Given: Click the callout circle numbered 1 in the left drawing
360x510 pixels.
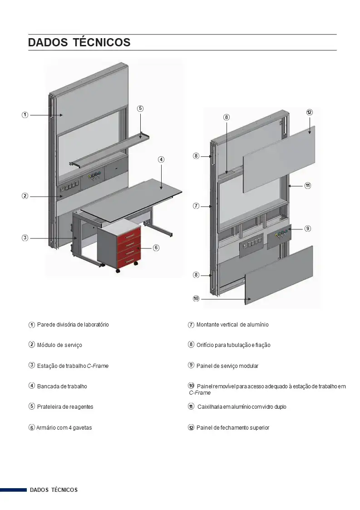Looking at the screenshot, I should [25, 115].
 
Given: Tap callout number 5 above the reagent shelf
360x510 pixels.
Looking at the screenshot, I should [140, 108].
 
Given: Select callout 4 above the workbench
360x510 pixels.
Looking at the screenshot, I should [161, 159].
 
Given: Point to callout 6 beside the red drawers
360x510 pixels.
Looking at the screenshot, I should [156, 248].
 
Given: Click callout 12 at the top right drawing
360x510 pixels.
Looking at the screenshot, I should [309, 112].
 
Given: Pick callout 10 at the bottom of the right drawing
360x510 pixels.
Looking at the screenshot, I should [196, 298].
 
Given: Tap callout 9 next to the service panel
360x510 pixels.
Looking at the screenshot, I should [308, 228].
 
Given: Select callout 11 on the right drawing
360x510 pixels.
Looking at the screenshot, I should [307, 185].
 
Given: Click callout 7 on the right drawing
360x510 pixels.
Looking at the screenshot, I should [196, 206].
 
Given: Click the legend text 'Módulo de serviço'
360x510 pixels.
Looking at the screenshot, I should [59, 345].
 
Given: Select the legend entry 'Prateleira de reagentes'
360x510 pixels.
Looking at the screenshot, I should [65, 407].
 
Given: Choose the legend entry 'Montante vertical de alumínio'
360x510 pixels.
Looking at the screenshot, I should [232, 325].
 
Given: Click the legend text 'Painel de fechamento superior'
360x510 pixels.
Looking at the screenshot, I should [233, 428].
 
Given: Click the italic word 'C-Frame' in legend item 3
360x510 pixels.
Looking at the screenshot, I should [98, 366].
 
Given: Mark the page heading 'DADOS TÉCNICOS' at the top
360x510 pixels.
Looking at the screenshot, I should [79, 43].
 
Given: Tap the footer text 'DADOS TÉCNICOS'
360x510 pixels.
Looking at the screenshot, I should [54, 490].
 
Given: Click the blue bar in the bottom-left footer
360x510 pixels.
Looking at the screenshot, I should [13, 490].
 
